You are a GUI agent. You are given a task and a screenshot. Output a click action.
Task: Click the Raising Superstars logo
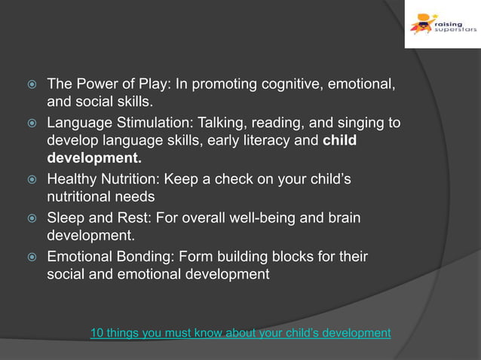442,24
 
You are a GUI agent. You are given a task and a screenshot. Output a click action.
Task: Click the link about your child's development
240,332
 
